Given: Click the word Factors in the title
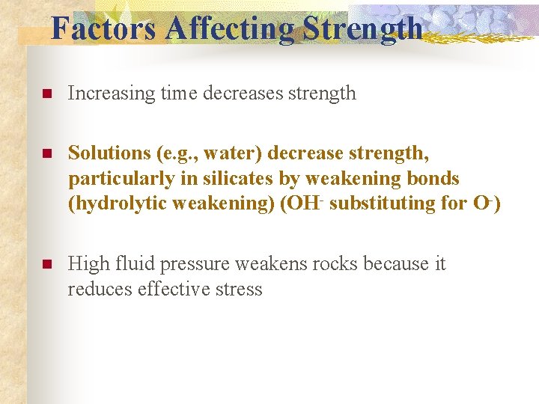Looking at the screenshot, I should click(103, 28).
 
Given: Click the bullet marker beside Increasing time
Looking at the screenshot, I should click(45, 94).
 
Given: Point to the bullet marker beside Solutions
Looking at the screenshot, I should click(45, 153).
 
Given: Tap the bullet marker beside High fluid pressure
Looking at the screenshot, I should click(45, 264).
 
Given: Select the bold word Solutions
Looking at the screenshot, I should click(109, 153).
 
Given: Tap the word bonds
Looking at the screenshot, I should click(433, 178).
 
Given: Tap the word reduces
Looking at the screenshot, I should click(100, 290).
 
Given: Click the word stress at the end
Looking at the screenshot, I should click(239, 290).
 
